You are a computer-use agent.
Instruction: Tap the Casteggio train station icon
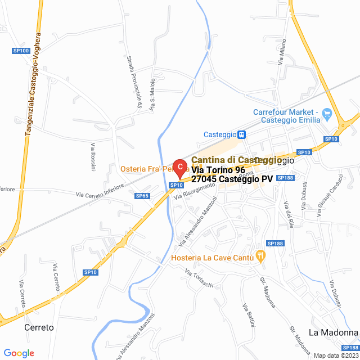click(x=241, y=134)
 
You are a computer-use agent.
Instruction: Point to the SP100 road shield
click(x=21, y=51)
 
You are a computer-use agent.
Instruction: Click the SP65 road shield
click(x=142, y=196)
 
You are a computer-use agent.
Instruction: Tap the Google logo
click(x=19, y=353)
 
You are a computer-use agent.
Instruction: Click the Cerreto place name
click(x=39, y=327)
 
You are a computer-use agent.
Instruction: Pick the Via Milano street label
click(x=282, y=51)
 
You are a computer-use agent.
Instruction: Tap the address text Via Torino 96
click(x=218, y=170)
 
